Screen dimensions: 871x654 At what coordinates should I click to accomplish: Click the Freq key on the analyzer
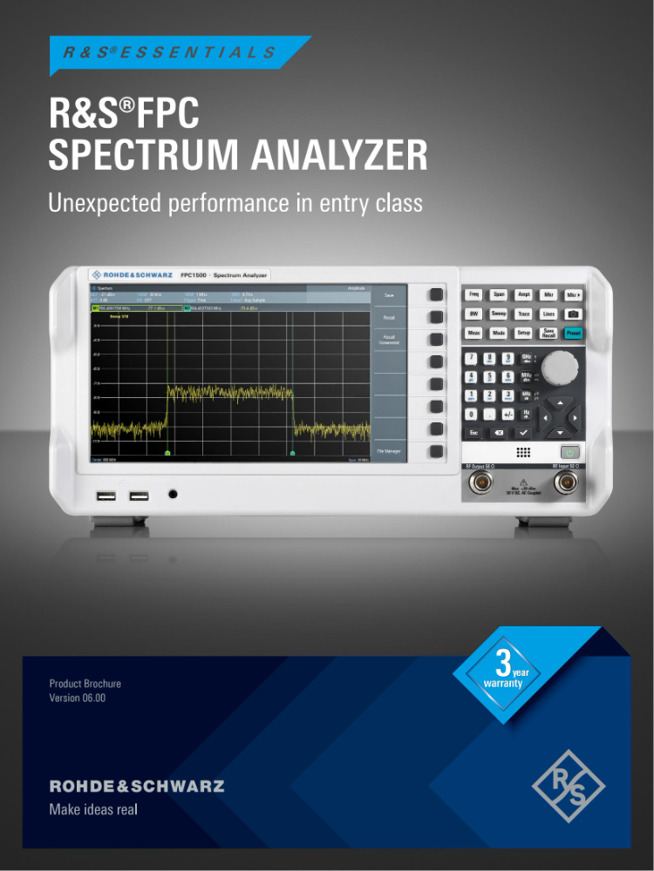(x=474, y=295)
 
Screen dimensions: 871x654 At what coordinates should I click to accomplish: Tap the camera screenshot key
(x=573, y=314)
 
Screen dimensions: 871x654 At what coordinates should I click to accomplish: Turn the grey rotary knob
(x=558, y=368)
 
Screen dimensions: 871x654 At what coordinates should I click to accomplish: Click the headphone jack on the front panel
(x=173, y=495)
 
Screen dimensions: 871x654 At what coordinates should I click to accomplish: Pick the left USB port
(x=106, y=496)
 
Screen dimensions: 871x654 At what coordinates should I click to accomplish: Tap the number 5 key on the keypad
(x=491, y=377)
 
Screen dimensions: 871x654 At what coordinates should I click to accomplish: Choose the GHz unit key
(x=527, y=359)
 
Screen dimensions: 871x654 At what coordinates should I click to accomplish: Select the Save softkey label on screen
(x=389, y=296)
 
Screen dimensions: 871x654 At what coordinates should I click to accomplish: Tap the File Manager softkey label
(x=389, y=451)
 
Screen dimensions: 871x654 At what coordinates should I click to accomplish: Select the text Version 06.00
(x=78, y=698)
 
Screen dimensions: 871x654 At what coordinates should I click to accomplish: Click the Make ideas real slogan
(x=93, y=809)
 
